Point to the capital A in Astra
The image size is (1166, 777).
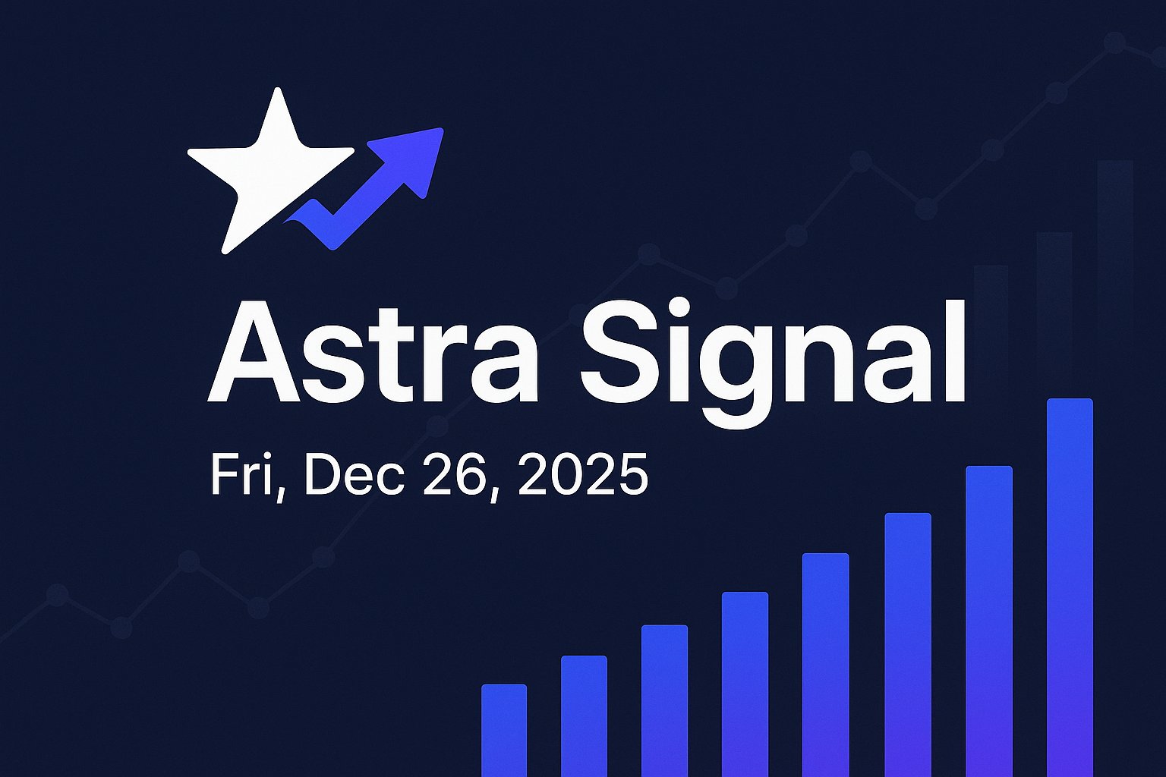pyautogui.click(x=254, y=353)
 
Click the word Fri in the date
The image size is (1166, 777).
pyautogui.click(x=241, y=475)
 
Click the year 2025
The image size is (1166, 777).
pyautogui.click(x=583, y=475)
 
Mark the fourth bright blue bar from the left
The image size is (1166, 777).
pyautogui.click(x=745, y=684)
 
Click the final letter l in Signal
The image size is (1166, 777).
pyautogui.click(x=955, y=351)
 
